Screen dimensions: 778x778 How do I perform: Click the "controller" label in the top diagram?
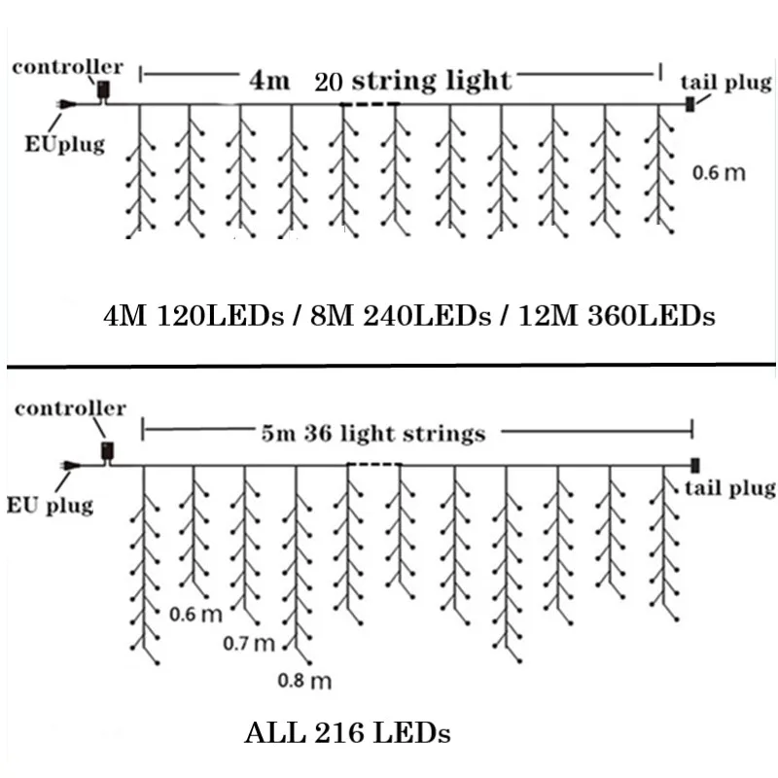67,67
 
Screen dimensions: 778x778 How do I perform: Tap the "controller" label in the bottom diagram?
70,408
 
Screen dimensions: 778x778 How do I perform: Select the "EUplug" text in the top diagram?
64,146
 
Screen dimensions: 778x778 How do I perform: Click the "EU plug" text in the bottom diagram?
50,505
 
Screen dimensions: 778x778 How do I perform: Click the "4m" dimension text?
269,81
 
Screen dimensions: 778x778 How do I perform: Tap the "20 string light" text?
412,80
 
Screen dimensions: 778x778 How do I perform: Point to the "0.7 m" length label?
250,644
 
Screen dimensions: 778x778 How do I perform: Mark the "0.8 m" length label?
304,681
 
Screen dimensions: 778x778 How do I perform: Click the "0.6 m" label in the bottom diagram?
195,614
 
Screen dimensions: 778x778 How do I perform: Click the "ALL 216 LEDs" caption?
348,730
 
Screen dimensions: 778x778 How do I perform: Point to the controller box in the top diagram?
103,91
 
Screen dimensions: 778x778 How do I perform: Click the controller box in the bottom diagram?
107,451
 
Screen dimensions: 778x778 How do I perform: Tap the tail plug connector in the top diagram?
691,104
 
